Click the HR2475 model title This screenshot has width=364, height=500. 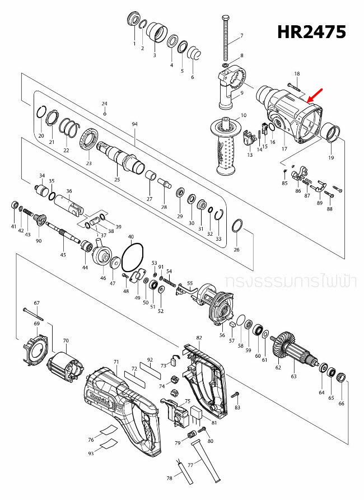click(x=311, y=32)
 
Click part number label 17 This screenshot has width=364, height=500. click(x=284, y=149)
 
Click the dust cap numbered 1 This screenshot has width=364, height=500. click(x=134, y=19)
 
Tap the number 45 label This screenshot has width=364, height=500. click(x=63, y=255)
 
